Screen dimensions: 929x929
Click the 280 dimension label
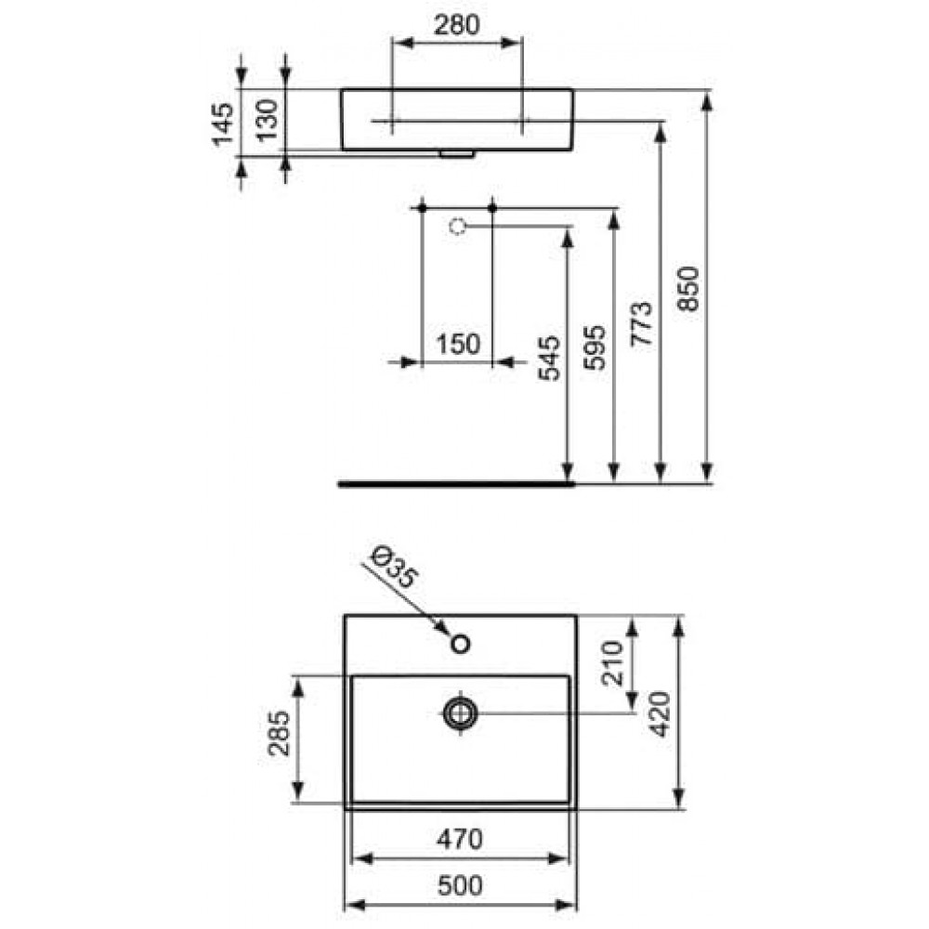click(456, 25)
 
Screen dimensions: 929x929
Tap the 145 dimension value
click(223, 124)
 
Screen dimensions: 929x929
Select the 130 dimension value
click(268, 120)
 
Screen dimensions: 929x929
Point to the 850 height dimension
click(689, 289)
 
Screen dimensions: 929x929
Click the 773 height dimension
click(642, 323)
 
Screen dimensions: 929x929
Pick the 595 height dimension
click(595, 347)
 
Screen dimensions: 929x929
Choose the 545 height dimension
click(549, 358)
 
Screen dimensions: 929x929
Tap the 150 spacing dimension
click(458, 345)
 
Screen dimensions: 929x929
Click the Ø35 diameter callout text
click(394, 569)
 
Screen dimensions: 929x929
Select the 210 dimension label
click(612, 663)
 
